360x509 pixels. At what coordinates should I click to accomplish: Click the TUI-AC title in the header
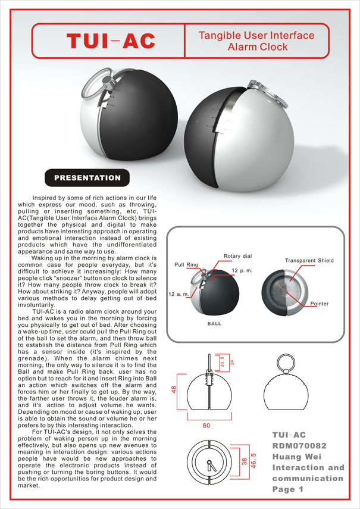point(111,40)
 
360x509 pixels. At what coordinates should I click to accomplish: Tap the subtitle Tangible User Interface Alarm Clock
point(257,41)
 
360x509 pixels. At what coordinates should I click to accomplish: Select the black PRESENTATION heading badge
point(87,177)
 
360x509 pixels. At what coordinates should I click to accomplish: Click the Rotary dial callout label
point(238,256)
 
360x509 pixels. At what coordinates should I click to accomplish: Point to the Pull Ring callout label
point(186,264)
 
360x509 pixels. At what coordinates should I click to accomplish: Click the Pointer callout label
point(320,304)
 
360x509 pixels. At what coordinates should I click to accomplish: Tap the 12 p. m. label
point(243,271)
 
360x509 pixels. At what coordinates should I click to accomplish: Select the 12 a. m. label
point(179,294)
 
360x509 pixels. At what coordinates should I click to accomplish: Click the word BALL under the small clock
point(214,324)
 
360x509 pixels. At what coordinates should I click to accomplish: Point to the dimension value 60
point(207,425)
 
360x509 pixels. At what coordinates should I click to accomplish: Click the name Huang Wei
point(299,457)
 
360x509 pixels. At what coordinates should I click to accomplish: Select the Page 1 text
point(288,489)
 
